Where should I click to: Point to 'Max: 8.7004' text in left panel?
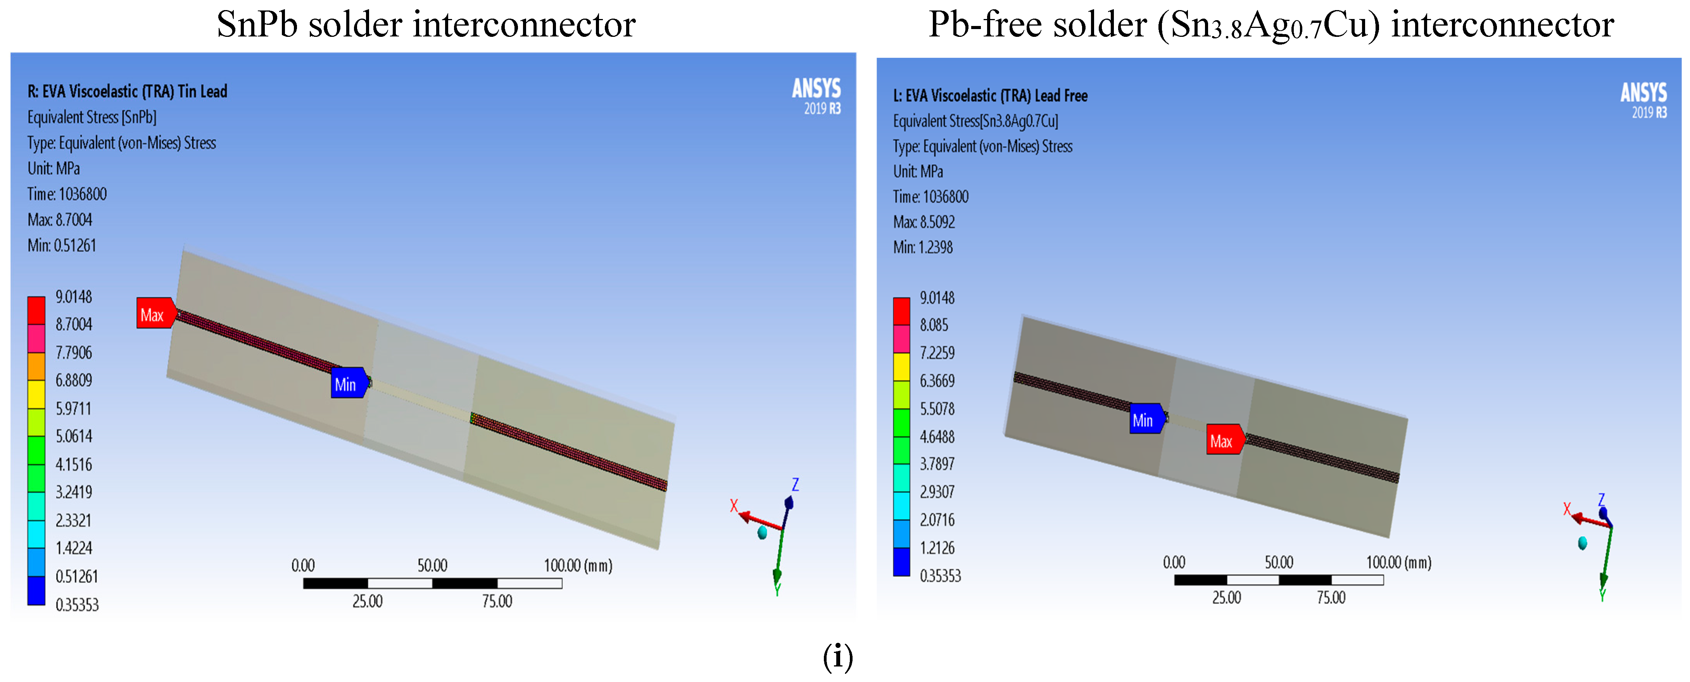[60, 220]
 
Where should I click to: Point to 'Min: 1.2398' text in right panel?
[922, 247]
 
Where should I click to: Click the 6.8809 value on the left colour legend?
[74, 380]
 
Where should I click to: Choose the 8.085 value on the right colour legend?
[934, 325]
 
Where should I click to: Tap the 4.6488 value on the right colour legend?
[937, 437]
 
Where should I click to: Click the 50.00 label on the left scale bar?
[432, 565]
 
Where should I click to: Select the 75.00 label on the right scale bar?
[1331, 597]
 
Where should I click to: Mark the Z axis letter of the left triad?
[795, 485]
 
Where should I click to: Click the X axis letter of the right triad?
[1567, 509]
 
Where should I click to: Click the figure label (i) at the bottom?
[838, 657]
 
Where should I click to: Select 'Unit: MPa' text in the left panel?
[54, 169]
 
